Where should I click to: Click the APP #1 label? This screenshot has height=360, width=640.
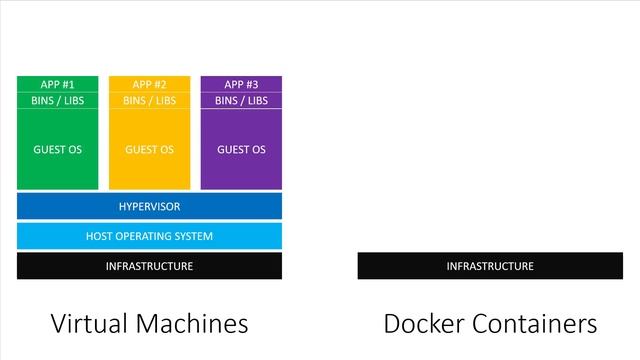click(57, 84)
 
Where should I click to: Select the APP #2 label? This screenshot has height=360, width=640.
click(149, 84)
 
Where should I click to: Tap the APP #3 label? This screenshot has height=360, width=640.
click(241, 84)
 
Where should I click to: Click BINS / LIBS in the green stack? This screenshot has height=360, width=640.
click(57, 100)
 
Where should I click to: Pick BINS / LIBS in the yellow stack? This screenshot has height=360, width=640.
click(149, 100)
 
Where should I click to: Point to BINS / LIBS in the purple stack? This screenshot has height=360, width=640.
click(241, 100)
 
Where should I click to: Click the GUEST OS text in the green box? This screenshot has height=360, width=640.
click(57, 150)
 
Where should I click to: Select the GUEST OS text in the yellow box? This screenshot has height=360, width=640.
click(149, 150)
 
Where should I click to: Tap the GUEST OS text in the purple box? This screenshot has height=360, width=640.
click(241, 150)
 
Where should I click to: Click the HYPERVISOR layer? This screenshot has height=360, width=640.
click(149, 206)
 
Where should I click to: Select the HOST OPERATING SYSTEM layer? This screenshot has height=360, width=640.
click(149, 236)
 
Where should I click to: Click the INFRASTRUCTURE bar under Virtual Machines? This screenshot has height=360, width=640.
click(149, 266)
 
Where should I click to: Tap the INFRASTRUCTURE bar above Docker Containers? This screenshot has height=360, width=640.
click(490, 266)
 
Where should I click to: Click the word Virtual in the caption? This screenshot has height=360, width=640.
click(89, 324)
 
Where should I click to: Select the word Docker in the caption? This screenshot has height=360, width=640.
click(421, 324)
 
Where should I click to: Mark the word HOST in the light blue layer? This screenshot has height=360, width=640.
click(100, 236)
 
